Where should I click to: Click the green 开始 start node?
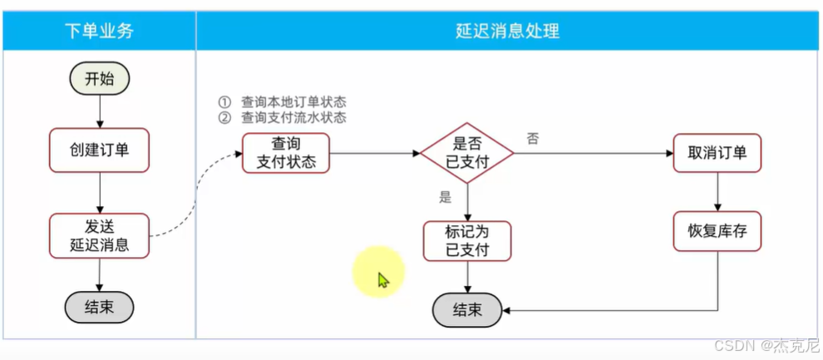[x=100, y=79]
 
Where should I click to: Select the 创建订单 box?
[x=99, y=150]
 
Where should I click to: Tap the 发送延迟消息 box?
[x=99, y=235]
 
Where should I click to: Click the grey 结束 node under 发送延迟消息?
[x=99, y=307]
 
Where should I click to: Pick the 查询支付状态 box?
[x=286, y=152]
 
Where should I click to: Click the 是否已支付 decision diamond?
[x=466, y=153]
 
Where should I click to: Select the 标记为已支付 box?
[x=466, y=240]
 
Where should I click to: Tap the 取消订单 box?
[x=717, y=152]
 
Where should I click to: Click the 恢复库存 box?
[x=717, y=231]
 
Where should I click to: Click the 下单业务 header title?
[x=99, y=32]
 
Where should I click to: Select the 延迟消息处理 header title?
[x=508, y=32]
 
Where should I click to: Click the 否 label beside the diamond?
[x=533, y=139]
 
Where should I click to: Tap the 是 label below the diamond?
[x=445, y=197]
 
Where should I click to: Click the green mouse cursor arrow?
[x=382, y=280]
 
